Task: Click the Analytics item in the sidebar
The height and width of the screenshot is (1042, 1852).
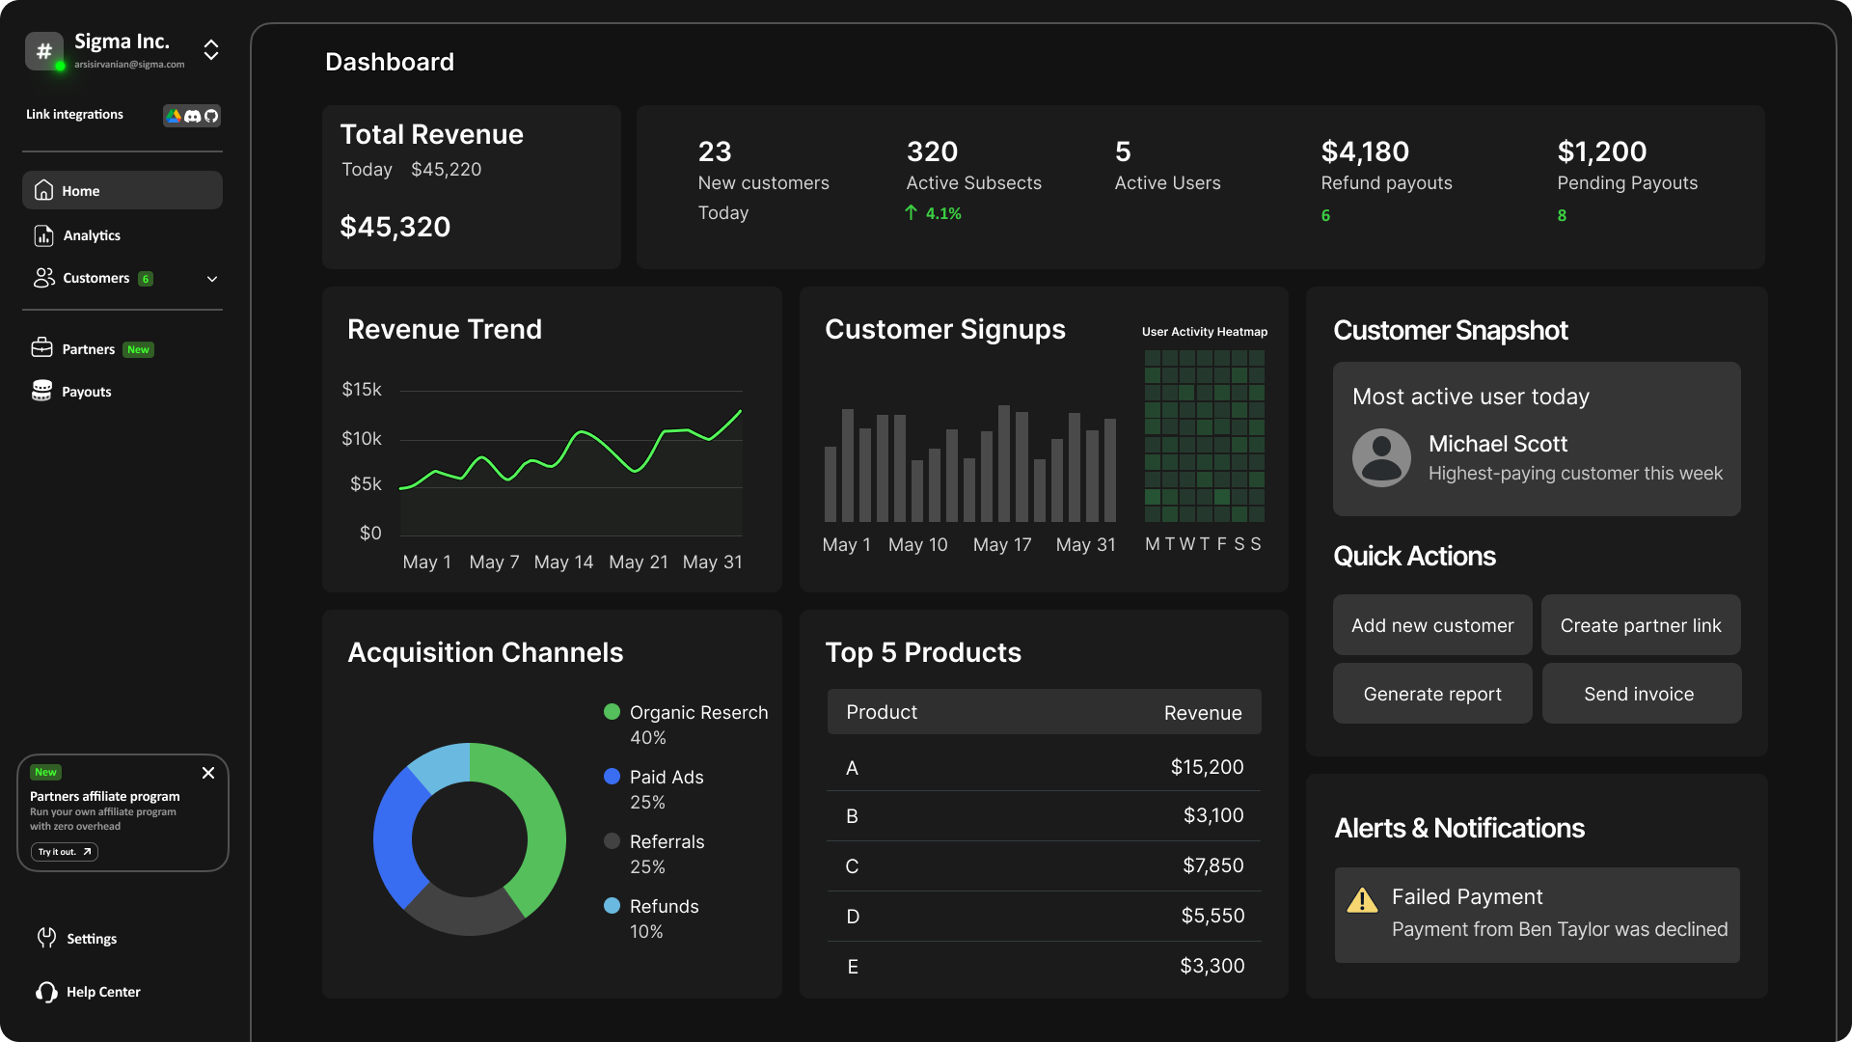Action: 91,235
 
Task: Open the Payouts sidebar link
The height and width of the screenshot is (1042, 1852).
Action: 86,392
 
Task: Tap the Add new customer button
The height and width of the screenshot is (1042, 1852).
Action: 1431,625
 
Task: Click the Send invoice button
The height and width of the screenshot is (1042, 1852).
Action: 1640,694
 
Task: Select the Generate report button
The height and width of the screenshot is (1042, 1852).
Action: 1431,694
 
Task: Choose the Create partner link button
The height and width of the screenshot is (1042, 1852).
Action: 1640,625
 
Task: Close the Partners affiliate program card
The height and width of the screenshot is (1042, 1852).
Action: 208,773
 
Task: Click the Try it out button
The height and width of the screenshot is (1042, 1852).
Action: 64,852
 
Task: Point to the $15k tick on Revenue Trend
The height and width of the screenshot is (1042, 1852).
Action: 362,390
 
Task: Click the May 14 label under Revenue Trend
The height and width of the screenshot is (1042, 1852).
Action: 563,562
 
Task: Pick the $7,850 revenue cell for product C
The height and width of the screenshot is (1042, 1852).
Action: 1212,865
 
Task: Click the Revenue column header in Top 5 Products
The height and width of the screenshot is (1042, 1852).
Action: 1202,713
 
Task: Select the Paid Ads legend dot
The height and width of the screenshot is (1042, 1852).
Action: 612,777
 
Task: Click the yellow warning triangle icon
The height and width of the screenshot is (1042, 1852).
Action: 1362,901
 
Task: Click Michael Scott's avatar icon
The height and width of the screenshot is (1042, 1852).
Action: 1381,457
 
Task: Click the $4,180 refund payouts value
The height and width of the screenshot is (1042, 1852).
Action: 1364,151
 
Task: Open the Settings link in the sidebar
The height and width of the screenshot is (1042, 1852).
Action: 91,939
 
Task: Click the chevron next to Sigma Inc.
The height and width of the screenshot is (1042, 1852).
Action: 211,50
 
